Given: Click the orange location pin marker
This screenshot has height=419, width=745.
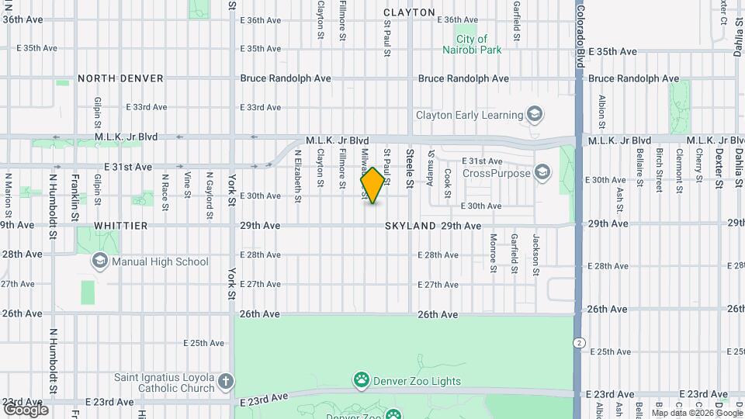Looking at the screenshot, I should pos(372,185).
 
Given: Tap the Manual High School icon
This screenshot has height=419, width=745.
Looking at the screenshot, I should pos(99,261).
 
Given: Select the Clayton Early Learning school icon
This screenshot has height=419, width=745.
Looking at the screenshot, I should pos(534,115).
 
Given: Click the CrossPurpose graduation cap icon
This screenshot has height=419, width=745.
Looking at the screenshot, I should pos(542,172).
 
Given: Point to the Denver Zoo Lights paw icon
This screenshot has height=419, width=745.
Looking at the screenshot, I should pos(361,380).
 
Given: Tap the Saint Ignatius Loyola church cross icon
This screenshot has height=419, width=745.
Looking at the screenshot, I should pos(225,381).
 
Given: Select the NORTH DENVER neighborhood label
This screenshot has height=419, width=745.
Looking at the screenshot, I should pos(120,78).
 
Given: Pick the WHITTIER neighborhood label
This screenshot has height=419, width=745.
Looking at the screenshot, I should pos(120,225).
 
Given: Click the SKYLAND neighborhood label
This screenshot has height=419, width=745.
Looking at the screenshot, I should pos(410,225).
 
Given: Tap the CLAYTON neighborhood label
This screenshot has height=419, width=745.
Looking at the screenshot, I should pos(409,12).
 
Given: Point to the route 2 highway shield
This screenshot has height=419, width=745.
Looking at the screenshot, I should pos(579,342).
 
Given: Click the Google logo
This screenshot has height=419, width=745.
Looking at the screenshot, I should pos(26,410).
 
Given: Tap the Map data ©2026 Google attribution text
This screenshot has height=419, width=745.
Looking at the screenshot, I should pos(697,414).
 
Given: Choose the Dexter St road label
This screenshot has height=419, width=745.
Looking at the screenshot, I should pos(719,168).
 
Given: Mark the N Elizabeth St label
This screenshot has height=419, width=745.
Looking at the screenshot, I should pos(298,175).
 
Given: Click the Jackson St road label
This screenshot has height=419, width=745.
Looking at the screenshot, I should pos(535,255).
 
